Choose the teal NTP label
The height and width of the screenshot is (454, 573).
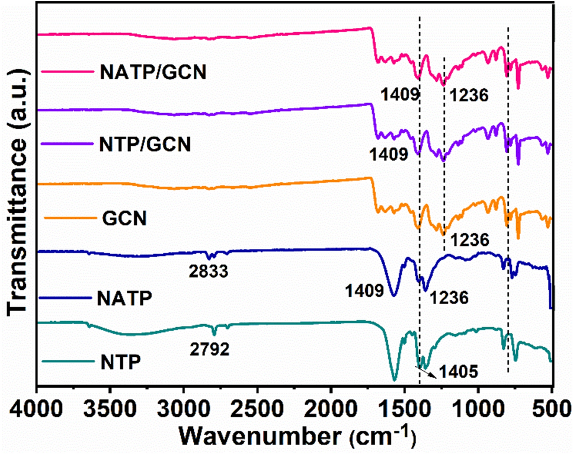pos(118,360)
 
